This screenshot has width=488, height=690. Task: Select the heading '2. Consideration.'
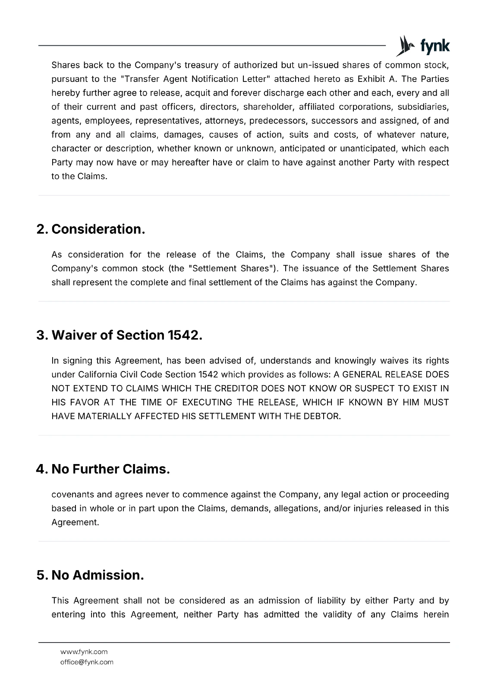coord(91,229)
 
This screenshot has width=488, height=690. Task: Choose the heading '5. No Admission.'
coord(90,575)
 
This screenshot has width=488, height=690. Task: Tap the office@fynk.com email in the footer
coord(87,662)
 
